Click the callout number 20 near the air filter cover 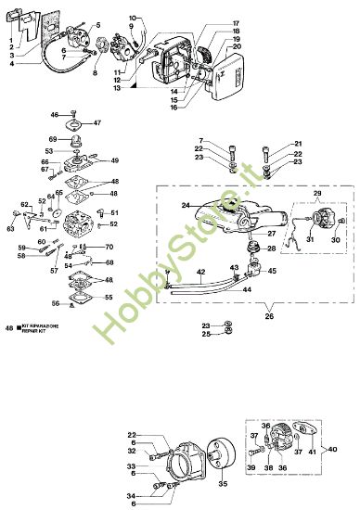tap(237, 46)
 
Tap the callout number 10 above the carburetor tap(132, 19)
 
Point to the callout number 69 tap(53, 139)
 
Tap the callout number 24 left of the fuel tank tap(185, 205)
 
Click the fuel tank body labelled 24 tap(232, 215)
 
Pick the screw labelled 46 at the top tap(68, 115)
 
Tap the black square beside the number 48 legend tap(20, 327)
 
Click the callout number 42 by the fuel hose tap(200, 271)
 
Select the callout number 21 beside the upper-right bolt tap(299, 143)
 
